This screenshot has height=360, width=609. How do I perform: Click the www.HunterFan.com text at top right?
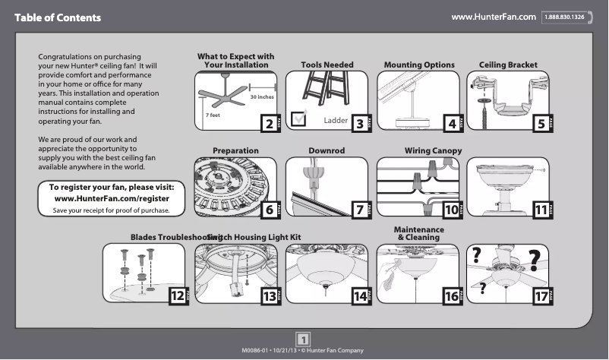click(494, 16)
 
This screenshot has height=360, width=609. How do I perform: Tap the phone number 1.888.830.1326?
click(563, 17)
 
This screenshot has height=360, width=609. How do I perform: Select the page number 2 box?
click(267, 123)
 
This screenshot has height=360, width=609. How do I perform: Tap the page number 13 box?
click(268, 297)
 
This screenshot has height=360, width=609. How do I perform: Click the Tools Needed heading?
click(327, 65)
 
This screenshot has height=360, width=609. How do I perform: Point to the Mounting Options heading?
click(418, 65)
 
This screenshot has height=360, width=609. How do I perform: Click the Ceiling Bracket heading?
click(508, 65)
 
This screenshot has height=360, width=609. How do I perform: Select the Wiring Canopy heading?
click(433, 151)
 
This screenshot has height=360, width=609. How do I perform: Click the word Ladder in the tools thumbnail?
click(335, 121)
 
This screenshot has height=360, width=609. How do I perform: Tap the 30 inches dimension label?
click(262, 98)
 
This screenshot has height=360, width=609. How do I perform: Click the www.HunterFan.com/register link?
click(112, 198)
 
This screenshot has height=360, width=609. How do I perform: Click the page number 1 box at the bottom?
click(304, 338)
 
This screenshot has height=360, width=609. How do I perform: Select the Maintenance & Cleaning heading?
click(418, 233)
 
